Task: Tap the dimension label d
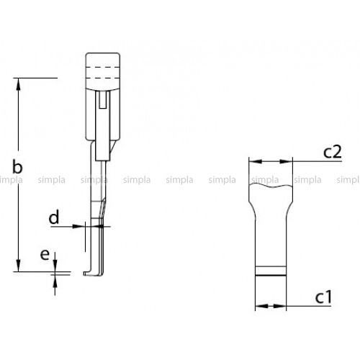coord(54,217)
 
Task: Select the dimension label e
coord(45,255)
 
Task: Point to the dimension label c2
coord(332,152)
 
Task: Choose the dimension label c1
coord(323,297)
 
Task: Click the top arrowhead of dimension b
coord(18,84)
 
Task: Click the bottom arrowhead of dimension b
coord(18,266)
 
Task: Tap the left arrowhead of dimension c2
coord(256,161)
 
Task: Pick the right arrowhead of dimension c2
coord(287,161)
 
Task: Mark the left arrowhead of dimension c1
coord(261,306)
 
